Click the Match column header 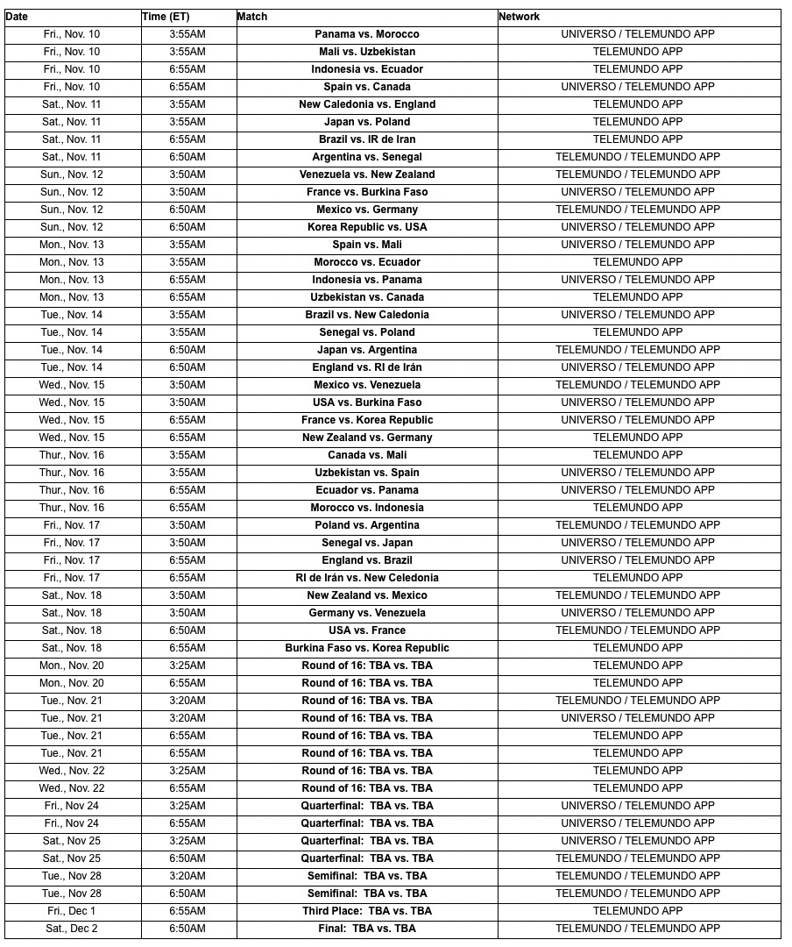252,17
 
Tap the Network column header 519,17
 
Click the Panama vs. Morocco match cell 367,34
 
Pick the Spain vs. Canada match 367,87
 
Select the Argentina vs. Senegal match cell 367,157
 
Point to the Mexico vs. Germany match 367,210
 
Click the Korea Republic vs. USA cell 367,227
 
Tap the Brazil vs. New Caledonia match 367,315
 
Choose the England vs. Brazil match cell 367,560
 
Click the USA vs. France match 367,630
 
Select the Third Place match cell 367,911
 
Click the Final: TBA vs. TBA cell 367,929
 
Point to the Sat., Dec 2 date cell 72,929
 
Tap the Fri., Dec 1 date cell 72,911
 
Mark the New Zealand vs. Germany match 367,438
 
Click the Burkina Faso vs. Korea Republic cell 367,648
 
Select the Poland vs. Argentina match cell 367,525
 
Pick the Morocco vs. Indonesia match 367,508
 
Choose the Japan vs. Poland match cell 367,122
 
